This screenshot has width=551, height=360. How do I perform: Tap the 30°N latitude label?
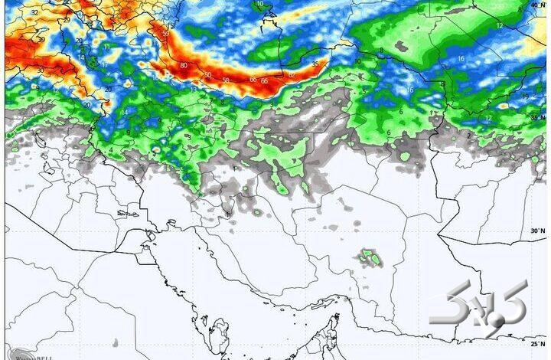[538, 231]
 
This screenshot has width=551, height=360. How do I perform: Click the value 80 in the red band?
[184, 66]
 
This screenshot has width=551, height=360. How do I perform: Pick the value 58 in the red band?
[225, 80]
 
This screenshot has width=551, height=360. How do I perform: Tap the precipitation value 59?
[165, 34]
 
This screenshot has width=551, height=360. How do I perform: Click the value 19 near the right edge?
[524, 97]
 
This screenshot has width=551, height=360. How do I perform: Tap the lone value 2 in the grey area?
[468, 136]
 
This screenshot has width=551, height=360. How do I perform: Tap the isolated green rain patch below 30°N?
[372, 257]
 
